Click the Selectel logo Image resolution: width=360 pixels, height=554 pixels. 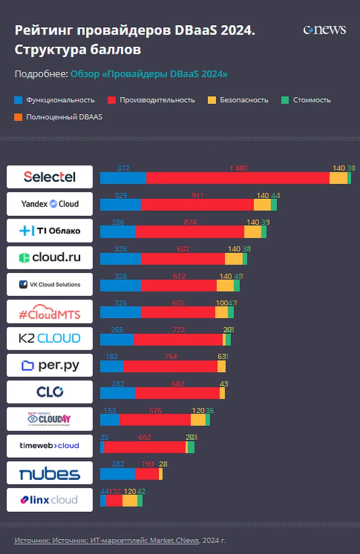click(49, 177)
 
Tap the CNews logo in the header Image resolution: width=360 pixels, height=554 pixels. click(324, 30)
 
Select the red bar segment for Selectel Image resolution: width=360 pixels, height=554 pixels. click(238, 178)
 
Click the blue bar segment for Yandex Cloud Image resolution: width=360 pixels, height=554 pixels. click(120, 205)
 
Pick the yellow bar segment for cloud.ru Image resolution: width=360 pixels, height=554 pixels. click(234, 259)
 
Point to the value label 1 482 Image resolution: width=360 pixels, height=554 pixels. click(238, 168)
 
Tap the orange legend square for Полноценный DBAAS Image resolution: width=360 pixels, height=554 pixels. click(18, 117)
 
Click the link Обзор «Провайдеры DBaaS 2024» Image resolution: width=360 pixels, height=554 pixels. click(149, 74)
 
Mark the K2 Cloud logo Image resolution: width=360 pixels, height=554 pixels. click(49, 338)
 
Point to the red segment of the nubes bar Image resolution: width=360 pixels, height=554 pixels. click(147, 474)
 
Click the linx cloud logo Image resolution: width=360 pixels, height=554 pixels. click(49, 500)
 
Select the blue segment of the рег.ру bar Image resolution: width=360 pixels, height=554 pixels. click(112, 366)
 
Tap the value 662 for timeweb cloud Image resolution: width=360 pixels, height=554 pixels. click(145, 437)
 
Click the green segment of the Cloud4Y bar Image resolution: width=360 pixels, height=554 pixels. click(208, 420)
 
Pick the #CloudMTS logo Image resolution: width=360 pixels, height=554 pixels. click(49, 311)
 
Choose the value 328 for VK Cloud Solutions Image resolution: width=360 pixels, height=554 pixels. click(121, 276)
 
